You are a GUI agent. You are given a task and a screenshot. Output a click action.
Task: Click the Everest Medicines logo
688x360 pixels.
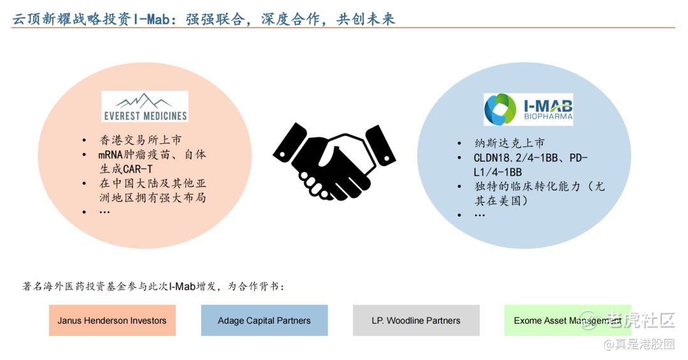[x=145, y=106]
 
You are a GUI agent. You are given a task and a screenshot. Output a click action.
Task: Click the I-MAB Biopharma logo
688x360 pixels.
[x=528, y=110]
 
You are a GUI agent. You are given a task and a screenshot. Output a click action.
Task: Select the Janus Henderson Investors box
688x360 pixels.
[x=112, y=320]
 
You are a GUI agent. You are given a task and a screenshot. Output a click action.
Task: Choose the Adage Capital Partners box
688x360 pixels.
[x=264, y=320]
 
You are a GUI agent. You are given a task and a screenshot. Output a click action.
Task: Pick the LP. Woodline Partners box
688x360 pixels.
[x=416, y=320]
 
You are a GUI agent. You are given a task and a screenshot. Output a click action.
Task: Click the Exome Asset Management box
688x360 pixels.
[x=568, y=320]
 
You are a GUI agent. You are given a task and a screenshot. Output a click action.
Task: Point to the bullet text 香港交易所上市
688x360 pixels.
[x=140, y=140]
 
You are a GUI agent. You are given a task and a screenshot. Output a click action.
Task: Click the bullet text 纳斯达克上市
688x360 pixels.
[x=510, y=143]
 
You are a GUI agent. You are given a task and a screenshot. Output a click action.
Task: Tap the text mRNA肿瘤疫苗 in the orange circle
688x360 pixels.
[x=134, y=155]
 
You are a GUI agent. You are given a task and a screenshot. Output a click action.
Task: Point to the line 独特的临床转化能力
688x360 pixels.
[x=527, y=187]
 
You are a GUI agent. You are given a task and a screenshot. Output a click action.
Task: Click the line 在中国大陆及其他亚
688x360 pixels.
[x=152, y=183]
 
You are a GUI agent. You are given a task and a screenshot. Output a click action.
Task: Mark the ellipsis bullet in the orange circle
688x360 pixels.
[x=104, y=212]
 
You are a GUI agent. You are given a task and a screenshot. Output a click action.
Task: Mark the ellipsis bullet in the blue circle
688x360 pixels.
[x=480, y=215]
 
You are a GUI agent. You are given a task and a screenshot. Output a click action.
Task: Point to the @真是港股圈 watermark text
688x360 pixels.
[x=639, y=344]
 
